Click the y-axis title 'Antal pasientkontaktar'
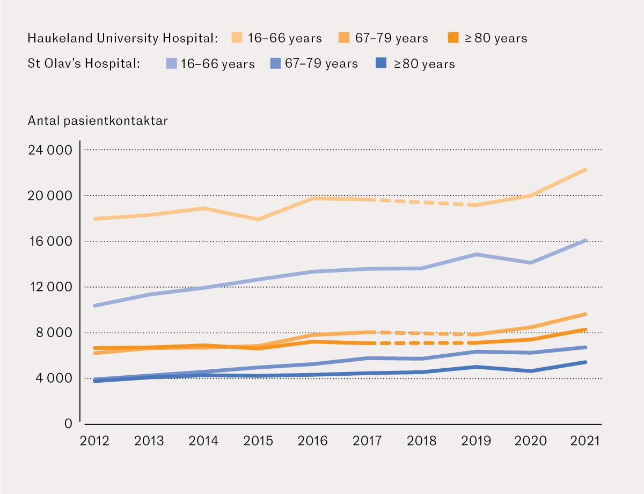98,121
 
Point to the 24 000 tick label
49,150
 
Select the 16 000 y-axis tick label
49,241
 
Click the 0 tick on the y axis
68,424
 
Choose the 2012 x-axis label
94,441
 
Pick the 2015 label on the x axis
258,441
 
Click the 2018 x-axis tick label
422,441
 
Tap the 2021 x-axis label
586,441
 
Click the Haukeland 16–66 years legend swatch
237,38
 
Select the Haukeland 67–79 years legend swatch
344,38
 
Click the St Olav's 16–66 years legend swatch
172,63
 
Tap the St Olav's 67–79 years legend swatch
275,63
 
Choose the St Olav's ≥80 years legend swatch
380,63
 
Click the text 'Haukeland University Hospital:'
122,38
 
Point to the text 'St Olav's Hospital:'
84,63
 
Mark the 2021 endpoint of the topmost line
586,169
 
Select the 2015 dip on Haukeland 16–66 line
258,219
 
